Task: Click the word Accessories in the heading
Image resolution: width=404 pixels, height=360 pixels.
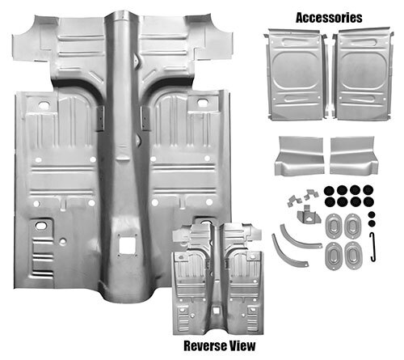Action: point(329,18)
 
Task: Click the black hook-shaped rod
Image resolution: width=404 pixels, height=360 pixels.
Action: point(372,247)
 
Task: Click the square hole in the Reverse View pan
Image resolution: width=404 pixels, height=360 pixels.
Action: point(216,311)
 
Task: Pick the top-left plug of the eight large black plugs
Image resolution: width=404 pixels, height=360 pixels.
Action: point(329,191)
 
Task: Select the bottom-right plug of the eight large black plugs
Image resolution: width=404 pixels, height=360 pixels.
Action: point(368,201)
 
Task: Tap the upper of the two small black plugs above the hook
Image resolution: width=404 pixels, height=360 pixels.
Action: point(372,214)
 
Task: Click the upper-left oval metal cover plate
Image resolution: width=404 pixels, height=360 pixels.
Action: point(334,226)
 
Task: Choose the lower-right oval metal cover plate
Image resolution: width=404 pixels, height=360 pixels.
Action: point(352,255)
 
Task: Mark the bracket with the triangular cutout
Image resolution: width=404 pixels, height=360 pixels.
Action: point(309,215)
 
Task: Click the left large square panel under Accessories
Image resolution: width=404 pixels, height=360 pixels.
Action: point(297,74)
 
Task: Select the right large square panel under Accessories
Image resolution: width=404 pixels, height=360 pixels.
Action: point(362,74)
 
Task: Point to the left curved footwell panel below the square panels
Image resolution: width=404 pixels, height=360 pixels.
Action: point(299,156)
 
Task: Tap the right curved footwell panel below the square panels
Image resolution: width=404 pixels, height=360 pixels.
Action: point(354,155)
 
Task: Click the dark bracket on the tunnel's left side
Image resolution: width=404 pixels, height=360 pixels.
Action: point(100,118)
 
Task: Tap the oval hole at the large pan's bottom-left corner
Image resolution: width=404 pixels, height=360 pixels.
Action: point(40,226)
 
